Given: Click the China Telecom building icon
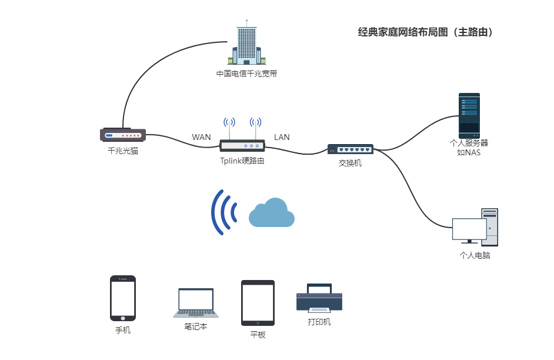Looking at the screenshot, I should [247, 45].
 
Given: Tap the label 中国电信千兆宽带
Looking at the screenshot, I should [246, 74].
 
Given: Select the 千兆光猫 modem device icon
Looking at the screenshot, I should [122, 135].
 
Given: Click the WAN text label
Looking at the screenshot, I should [201, 137].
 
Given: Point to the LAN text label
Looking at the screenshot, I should [282, 137].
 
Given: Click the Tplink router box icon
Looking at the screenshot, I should [242, 146].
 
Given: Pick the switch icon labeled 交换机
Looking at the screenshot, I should [350, 149].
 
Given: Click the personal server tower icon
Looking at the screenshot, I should [469, 115].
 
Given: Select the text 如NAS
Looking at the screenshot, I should [469, 153].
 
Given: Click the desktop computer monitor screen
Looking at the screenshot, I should [469, 229].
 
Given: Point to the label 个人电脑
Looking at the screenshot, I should [474, 256].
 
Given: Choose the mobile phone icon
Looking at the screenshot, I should [123, 298].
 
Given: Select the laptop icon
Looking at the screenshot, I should [196, 304].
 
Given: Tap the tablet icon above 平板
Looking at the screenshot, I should [258, 302].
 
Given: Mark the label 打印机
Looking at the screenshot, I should [319, 322].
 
